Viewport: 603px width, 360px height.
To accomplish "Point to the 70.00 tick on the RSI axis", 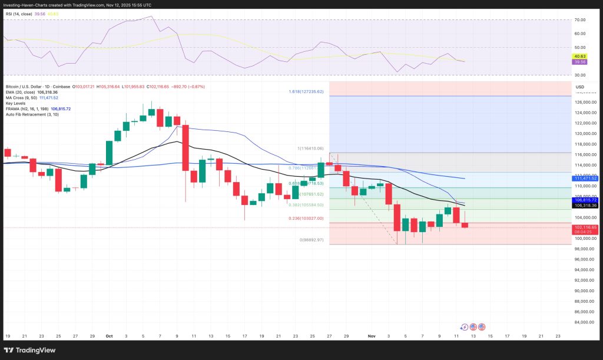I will (579, 20).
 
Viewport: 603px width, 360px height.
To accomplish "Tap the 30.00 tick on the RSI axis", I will (579, 75).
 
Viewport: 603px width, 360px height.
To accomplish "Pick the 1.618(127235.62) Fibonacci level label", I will (307, 92).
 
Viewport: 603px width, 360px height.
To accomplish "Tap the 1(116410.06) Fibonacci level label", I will (310, 148).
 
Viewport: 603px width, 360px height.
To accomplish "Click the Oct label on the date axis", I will (109, 336).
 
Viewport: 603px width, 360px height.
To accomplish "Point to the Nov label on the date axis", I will (372, 336).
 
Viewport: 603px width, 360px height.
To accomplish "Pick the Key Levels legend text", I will (16, 103).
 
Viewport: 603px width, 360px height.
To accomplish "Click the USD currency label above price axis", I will (580, 87).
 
